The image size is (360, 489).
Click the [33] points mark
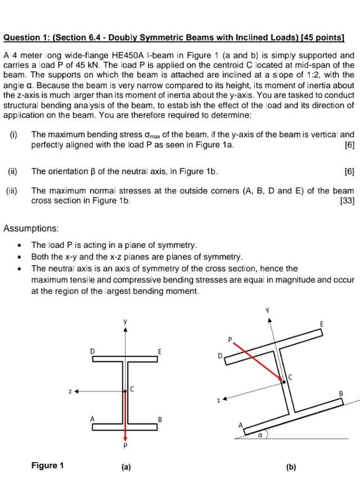click(x=348, y=200)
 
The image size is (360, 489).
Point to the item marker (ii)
click(x=12, y=171)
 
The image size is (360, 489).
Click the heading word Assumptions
click(x=31, y=228)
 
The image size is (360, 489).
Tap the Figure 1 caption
click(x=48, y=465)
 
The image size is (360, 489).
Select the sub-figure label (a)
click(x=125, y=467)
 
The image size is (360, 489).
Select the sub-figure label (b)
click(x=291, y=467)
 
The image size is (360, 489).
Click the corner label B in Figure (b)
click(x=340, y=393)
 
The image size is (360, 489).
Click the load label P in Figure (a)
click(x=125, y=447)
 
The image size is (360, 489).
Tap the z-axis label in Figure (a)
click(x=69, y=390)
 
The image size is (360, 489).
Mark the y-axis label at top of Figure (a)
click(x=125, y=322)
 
